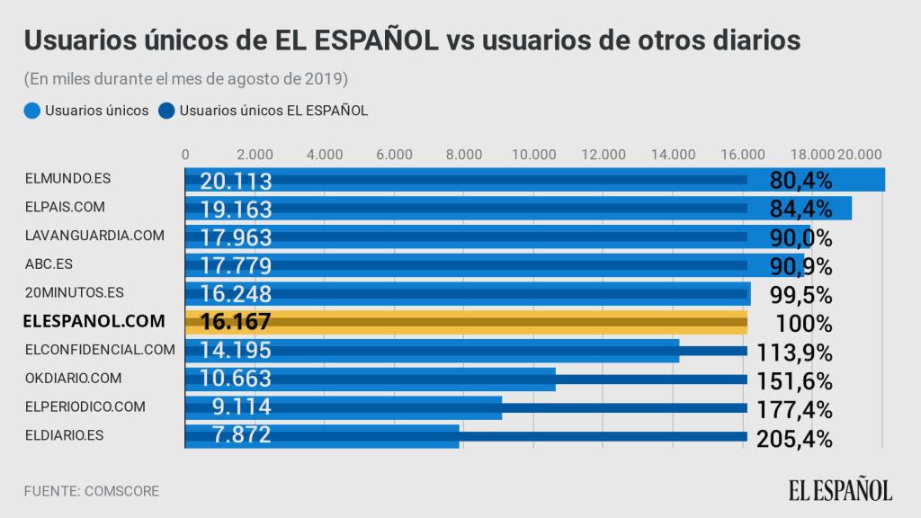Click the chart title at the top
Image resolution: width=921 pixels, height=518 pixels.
(412, 40)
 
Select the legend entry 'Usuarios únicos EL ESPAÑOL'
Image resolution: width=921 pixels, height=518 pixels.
(273, 111)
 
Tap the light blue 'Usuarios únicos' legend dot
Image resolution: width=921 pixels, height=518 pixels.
(32, 111)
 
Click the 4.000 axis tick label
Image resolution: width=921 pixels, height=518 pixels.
(325, 154)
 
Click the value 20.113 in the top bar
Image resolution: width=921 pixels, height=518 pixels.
(236, 181)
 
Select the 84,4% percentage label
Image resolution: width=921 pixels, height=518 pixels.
(800, 210)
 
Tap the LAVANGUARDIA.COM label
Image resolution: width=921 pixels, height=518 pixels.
(95, 235)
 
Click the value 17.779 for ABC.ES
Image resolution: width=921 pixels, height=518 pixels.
(236, 266)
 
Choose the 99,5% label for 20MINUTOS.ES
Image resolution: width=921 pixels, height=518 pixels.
(800, 294)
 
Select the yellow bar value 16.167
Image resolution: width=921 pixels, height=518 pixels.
(236, 322)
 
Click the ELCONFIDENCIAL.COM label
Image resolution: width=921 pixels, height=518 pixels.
(100, 349)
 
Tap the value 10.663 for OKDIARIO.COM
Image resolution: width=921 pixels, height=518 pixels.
(236, 379)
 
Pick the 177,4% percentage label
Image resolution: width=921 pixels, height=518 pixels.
(797, 408)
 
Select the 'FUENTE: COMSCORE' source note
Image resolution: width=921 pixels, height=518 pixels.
(92, 491)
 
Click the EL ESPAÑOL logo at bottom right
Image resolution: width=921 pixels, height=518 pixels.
(841, 490)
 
